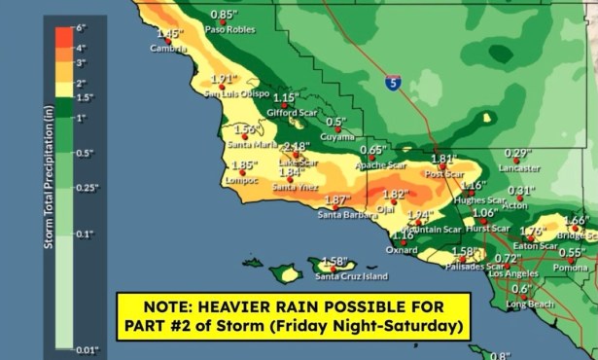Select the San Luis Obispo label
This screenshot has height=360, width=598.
236,93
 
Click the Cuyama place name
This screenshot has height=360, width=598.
336,137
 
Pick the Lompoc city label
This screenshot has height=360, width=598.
243,180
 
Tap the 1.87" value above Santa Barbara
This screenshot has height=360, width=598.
337,200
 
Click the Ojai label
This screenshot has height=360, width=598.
386,208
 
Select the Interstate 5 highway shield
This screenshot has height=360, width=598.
392,84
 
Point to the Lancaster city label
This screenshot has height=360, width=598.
518,166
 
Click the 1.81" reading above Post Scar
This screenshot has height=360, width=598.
443,160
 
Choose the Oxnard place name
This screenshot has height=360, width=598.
402,249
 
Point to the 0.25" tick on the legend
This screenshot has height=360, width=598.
87,188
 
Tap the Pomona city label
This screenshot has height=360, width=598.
571,267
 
